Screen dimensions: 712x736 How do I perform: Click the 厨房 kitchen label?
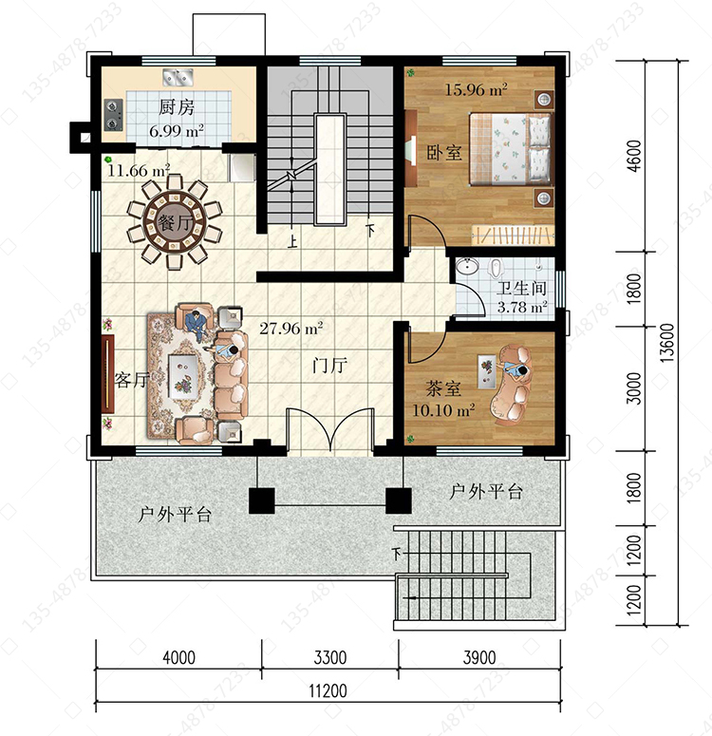pos(176,107)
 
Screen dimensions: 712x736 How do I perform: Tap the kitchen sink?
pos(178,78)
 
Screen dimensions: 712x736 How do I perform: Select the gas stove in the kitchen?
pos(113,115)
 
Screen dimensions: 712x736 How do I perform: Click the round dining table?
pos(175,222)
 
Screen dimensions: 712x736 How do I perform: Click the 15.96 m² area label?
pos(476,89)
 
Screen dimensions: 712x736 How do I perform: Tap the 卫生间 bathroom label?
pos(521,288)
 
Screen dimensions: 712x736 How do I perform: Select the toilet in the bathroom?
pos(495,268)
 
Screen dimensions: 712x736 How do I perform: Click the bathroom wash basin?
pos(467,266)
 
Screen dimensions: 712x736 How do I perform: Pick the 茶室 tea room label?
pos(443,388)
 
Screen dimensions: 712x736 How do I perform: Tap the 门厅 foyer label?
pos(330,365)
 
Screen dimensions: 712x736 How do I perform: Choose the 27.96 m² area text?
pos(291,328)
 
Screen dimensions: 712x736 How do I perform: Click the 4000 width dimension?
pos(178,657)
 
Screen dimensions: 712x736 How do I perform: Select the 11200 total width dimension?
pos(328,690)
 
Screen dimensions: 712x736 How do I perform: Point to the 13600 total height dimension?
pos(667,343)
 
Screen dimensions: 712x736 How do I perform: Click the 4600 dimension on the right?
pos(633,157)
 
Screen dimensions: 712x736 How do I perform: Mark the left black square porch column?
pos(261,500)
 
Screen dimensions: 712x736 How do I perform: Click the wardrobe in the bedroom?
pos(513,235)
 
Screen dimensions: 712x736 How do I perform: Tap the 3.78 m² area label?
pos(522,308)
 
